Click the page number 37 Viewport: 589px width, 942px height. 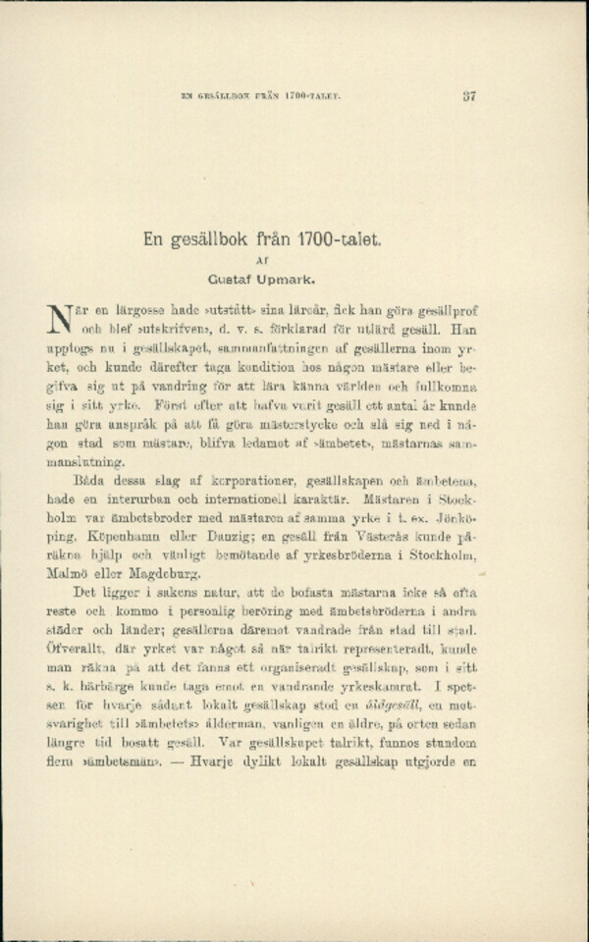469,95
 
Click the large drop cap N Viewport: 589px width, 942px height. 56,318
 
